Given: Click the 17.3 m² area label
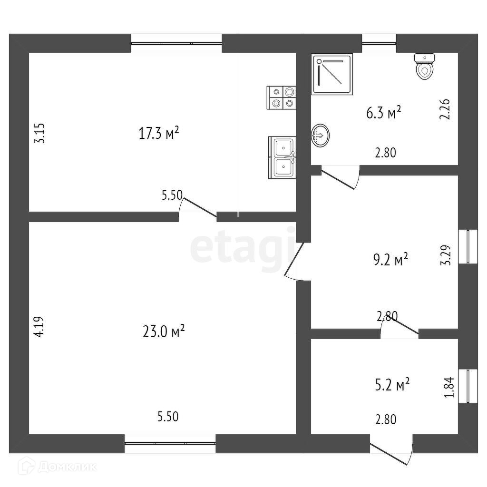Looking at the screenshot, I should coord(158,133).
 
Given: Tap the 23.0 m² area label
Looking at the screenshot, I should coord(163,331).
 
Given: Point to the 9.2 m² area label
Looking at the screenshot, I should coord(390,260).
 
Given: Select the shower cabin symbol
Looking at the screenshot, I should coord(332,74).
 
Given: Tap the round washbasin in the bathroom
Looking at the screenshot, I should coord(320,136).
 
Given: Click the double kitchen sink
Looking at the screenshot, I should coord(282,157).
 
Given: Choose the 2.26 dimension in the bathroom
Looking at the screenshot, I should coord(445,109).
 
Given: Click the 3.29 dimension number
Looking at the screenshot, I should coord(445,255).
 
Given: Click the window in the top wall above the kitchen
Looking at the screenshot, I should coord(176,43).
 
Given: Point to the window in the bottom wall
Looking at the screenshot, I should coord(170,443).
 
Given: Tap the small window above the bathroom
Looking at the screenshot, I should coord(379,43).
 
